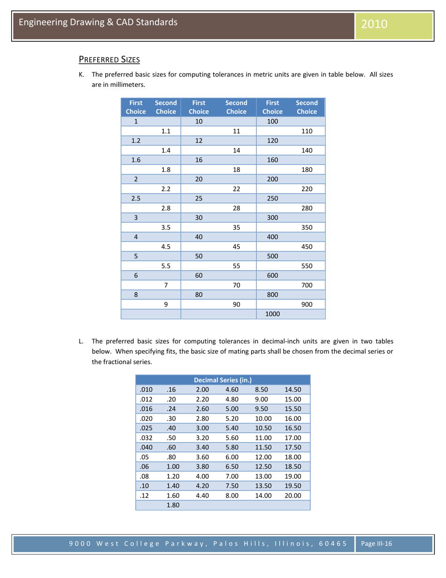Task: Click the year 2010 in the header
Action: pyautogui.click(x=375, y=23)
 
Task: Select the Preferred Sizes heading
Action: pyautogui.click(x=109, y=60)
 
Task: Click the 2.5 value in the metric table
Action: pyautogui.click(x=136, y=198)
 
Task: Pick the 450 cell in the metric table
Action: pyautogui.click(x=307, y=246)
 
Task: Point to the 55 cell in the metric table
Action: pyautogui.click(x=237, y=265)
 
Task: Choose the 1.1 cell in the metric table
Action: pyautogui.click(x=165, y=131)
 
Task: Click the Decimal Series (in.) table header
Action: pyautogui.click(x=223, y=380)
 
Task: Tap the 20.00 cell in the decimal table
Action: pyautogui.click(x=292, y=495)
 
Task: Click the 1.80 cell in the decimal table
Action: pyautogui.click(x=173, y=505)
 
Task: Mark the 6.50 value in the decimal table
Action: pyautogui.click(x=232, y=467)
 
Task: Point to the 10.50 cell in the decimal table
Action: pyautogui.click(x=263, y=428)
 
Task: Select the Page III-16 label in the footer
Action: pyautogui.click(x=377, y=544)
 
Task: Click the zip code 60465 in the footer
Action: pyautogui.click(x=333, y=544)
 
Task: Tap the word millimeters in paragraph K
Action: pyautogui.click(x=127, y=85)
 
